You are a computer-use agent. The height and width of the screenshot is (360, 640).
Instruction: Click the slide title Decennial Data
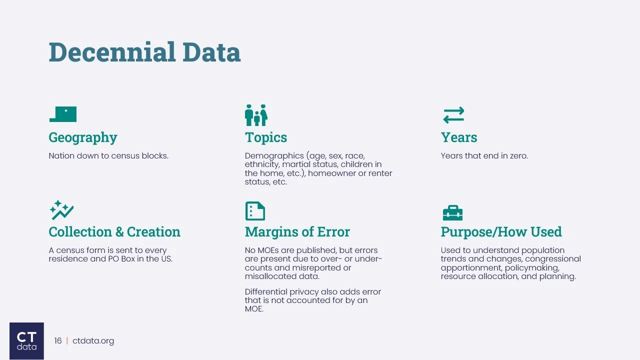click(144, 52)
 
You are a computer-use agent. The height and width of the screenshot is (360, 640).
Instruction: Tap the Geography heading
click(83, 137)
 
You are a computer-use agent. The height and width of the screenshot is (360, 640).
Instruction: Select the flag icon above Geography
click(63, 114)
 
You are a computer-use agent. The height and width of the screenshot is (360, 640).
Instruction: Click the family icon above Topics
click(256, 115)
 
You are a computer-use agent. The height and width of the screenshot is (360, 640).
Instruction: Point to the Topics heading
click(266, 137)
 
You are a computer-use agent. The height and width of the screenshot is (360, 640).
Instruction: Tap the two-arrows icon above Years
click(453, 115)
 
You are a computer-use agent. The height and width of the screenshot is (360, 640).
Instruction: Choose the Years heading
click(459, 137)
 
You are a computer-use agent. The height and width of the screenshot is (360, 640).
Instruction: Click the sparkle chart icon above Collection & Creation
click(61, 210)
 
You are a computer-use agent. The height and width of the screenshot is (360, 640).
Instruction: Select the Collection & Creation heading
click(114, 232)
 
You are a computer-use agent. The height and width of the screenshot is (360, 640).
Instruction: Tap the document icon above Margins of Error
click(255, 211)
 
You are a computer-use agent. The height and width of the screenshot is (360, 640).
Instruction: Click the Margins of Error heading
click(297, 232)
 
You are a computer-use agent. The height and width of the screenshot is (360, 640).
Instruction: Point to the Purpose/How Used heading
click(501, 232)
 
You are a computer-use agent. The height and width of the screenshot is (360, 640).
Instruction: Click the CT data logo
click(26, 341)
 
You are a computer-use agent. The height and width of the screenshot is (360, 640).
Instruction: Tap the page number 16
click(58, 341)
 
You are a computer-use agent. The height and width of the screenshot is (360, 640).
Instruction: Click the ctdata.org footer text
click(93, 341)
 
